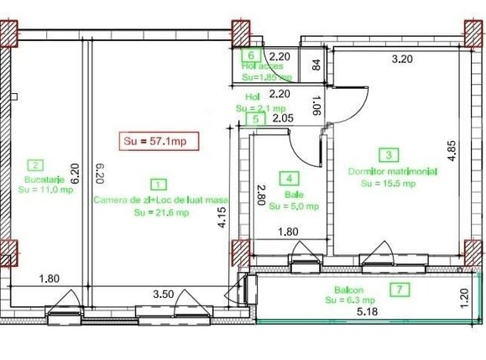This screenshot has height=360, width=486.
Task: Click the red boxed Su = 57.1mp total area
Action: (x=157, y=140)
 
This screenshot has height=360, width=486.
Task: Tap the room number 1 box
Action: (x=159, y=183)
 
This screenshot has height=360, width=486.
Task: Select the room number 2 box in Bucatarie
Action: (x=35, y=165)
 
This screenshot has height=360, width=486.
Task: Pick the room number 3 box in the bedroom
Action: (x=389, y=154)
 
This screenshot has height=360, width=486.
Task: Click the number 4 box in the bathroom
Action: (x=290, y=178)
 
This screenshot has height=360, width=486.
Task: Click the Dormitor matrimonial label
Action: (x=392, y=170)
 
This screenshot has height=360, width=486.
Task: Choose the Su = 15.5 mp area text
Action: (x=387, y=182)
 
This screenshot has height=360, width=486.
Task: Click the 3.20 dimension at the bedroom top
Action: (x=403, y=59)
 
